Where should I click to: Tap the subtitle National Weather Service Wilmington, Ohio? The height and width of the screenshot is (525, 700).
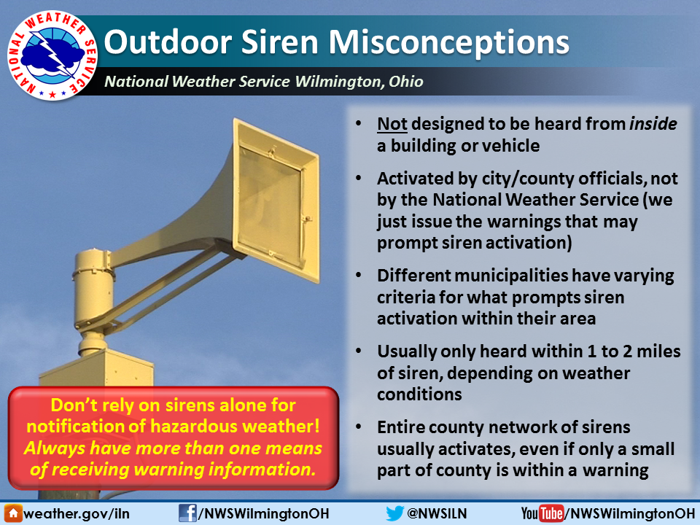(263, 82)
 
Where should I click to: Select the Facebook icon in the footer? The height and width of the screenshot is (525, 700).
(187, 513)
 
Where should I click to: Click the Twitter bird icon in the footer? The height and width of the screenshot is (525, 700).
(394, 513)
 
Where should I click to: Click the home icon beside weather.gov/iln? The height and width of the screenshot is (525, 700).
(12, 513)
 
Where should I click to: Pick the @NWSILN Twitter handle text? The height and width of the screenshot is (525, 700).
(436, 513)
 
